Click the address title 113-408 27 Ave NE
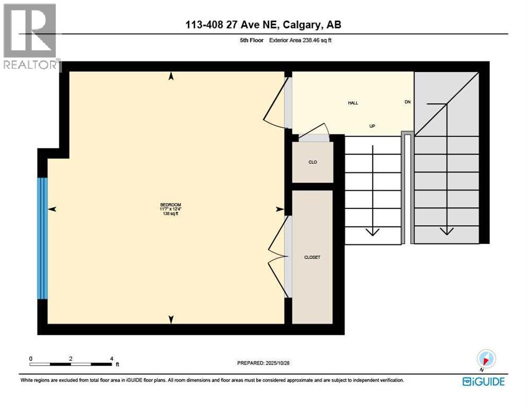263,25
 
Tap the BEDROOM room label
171,205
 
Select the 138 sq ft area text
171,214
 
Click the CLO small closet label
313,162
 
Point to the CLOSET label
312,257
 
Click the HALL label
353,103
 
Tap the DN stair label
408,102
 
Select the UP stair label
373,127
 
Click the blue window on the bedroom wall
42,238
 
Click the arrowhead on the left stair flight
373,231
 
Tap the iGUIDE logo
483,381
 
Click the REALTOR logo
30,37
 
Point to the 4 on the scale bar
111,358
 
